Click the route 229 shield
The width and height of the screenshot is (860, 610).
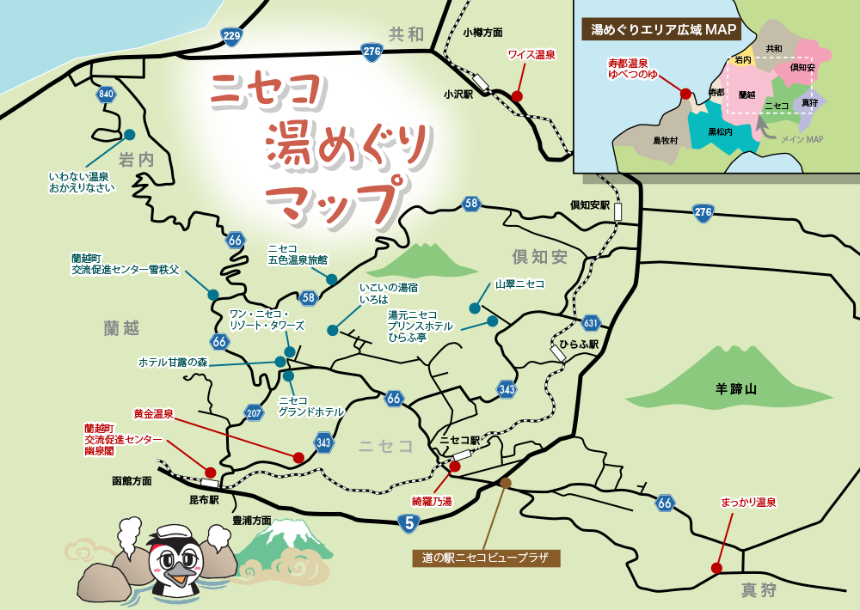tap(231, 35)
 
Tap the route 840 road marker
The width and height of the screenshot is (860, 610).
tap(107, 95)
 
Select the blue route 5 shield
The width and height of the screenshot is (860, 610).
tap(409, 522)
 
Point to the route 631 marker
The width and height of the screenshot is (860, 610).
tap(590, 324)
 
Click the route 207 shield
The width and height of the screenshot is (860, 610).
tap(254, 413)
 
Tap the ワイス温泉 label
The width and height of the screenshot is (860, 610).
tap(531, 55)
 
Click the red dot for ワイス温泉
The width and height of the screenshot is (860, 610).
tap(517, 96)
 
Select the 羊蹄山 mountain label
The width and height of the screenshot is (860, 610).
tap(736, 389)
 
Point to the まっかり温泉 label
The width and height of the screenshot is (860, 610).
tap(748, 503)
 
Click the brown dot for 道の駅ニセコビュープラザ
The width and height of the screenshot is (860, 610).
tap(506, 484)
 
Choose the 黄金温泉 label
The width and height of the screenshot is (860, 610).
tap(154, 413)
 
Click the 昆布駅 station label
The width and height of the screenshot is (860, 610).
tap(204, 499)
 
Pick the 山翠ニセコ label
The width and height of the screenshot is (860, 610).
tap(519, 284)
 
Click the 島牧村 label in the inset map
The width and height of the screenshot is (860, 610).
tap(666, 140)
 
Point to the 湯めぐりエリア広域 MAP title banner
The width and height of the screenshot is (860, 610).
tap(664, 29)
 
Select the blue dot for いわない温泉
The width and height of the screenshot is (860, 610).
tap(130, 135)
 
